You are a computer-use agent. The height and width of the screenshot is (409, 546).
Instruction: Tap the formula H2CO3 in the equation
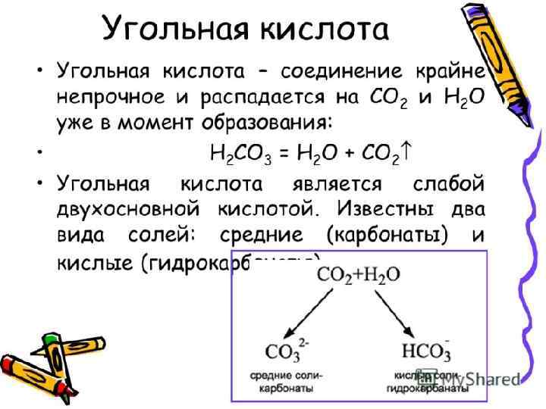pyautogui.click(x=234, y=154)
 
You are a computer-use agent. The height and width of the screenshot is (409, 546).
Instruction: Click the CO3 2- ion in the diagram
pyautogui.click(x=286, y=352)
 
